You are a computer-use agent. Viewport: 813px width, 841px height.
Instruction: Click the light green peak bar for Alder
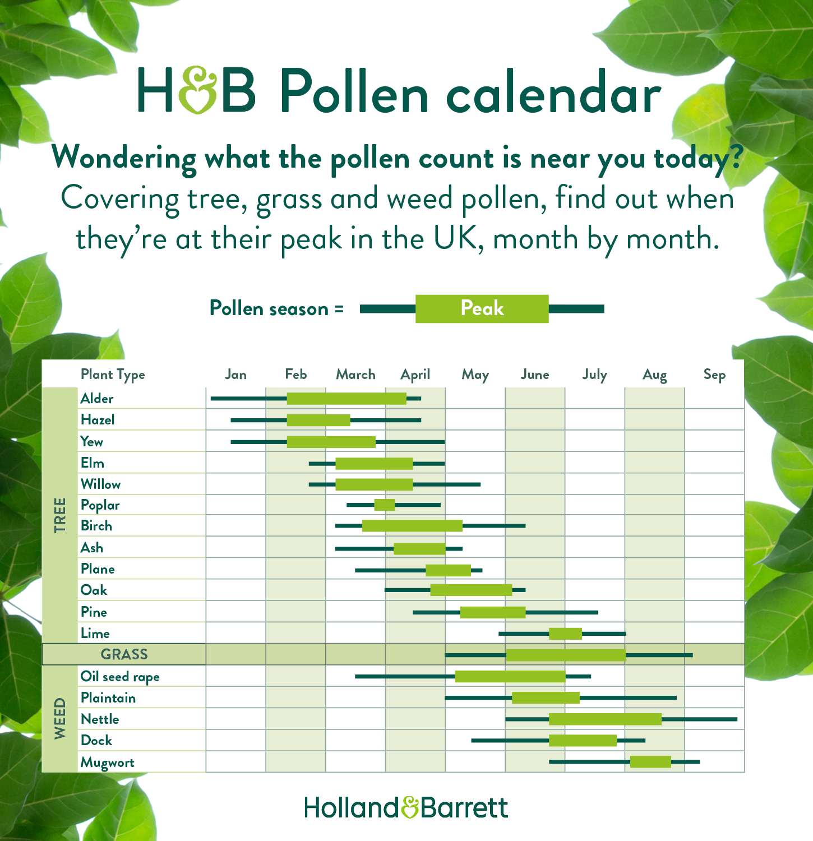click(347, 399)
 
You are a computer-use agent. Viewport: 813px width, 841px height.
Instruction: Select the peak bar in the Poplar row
click(385, 505)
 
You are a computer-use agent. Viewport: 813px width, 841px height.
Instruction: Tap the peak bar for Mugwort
click(650, 761)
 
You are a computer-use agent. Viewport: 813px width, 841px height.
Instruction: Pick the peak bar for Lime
click(565, 634)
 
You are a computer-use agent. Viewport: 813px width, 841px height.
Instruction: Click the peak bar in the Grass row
click(565, 655)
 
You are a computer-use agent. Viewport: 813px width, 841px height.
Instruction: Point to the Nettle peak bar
click(605, 719)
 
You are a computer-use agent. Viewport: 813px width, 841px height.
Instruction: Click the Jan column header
click(235, 375)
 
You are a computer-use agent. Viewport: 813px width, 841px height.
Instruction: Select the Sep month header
click(714, 375)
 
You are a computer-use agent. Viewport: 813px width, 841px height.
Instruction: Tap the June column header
click(535, 375)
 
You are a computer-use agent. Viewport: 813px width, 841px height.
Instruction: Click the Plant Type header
click(113, 375)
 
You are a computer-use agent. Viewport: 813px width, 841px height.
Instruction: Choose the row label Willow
click(100, 484)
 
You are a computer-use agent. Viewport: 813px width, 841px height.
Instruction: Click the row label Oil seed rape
click(120, 677)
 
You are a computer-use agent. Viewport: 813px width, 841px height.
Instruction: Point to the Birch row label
click(96, 526)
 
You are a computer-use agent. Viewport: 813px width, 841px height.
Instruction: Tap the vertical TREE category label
click(60, 515)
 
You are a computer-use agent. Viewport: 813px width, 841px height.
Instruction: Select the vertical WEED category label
click(60, 719)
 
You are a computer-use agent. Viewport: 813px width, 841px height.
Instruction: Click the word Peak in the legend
click(482, 308)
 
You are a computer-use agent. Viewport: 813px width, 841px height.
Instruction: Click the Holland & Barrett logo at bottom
click(406, 807)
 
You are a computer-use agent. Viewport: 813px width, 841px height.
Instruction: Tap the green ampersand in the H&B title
click(198, 90)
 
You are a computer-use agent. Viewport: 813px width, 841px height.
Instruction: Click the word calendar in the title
click(553, 93)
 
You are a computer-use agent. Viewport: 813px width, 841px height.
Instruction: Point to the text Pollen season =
click(276, 309)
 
